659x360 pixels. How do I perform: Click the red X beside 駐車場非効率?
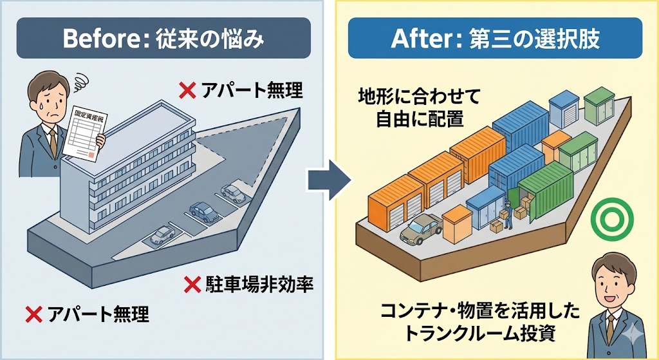191,283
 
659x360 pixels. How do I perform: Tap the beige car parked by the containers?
420,229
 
